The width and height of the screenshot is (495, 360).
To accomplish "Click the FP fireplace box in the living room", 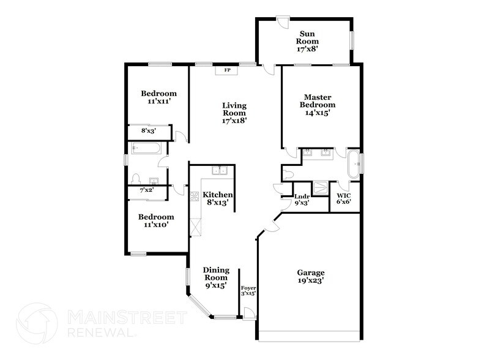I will coord(227,70).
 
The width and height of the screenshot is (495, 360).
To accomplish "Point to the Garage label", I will coord(311,272).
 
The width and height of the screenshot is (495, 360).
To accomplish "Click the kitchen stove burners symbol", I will coord(195,197).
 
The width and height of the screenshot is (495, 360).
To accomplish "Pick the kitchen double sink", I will coord(219,171).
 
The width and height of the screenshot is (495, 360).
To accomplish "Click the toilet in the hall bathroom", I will coord(137,179).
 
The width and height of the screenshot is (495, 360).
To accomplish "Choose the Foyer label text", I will coord(248,287).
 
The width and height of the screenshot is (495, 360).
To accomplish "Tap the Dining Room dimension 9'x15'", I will coord(216,285).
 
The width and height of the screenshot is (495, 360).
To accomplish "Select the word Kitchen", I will coord(218,195).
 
